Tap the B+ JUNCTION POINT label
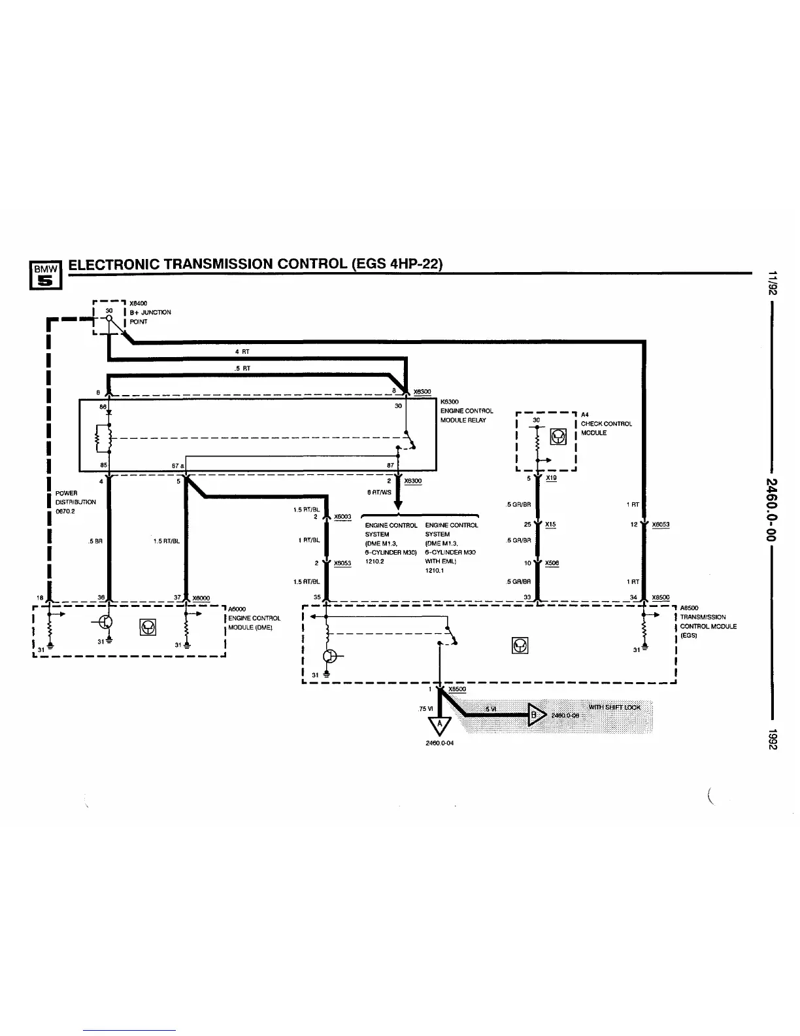(150, 317)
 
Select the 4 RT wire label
(242, 352)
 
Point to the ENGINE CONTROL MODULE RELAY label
(467, 411)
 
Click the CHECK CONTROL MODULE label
(606, 428)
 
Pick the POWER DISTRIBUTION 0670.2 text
(76, 502)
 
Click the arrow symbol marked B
(535, 715)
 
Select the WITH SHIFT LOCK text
(614, 707)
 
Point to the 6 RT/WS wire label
(380, 492)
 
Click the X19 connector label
(551, 478)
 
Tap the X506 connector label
(552, 563)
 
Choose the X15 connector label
(550, 525)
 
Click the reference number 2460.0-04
(439, 743)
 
